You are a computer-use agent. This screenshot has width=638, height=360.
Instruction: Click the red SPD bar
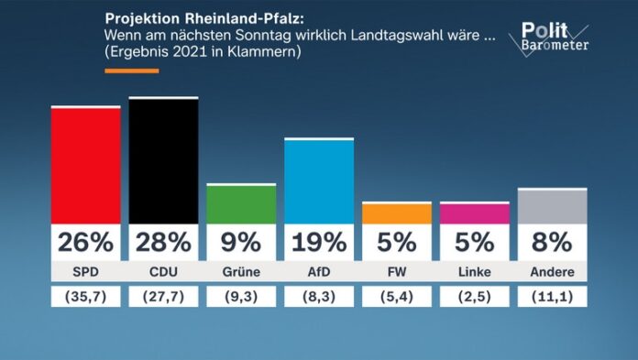point(85,166)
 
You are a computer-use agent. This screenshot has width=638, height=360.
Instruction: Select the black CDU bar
point(163,161)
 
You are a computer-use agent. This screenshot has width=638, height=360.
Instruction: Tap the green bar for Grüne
point(241,204)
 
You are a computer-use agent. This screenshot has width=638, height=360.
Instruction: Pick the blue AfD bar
point(319,181)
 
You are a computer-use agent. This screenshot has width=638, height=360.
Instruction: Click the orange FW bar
point(397,213)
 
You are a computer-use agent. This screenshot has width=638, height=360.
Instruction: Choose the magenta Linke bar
point(475,213)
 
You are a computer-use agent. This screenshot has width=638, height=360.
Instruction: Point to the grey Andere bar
point(552,206)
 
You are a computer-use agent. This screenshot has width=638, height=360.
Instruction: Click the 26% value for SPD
point(85,242)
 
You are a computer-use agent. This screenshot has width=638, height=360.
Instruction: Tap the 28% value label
point(163,242)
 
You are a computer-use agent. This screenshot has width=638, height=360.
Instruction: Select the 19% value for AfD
point(319,242)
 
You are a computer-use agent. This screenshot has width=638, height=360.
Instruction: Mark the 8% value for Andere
point(552,242)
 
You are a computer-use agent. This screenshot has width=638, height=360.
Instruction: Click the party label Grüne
point(241,272)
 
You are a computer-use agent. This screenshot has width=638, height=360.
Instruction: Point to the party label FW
point(397,272)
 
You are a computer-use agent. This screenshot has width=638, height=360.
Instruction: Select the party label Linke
point(475,272)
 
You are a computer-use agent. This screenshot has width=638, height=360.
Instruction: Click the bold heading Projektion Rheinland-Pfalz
point(198,18)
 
